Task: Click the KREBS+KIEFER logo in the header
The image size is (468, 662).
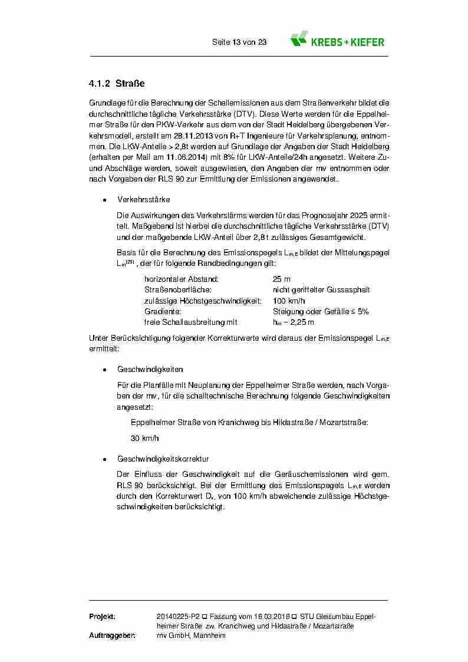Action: (x=337, y=41)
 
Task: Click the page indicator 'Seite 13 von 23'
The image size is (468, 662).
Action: (x=239, y=42)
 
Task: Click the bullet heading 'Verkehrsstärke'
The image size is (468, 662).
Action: (x=143, y=200)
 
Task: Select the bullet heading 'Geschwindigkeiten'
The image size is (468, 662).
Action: (x=150, y=370)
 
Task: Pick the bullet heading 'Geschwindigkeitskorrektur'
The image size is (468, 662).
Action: (x=163, y=459)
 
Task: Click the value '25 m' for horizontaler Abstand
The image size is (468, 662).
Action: (x=282, y=279)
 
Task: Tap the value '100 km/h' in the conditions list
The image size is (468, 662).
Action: (x=288, y=301)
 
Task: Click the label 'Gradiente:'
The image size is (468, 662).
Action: (x=162, y=311)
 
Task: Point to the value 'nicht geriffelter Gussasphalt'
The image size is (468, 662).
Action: (x=321, y=290)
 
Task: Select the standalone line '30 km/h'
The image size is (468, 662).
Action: (x=144, y=439)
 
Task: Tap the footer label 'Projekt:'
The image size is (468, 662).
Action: (x=102, y=617)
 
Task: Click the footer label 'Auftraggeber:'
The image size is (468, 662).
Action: (x=113, y=636)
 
